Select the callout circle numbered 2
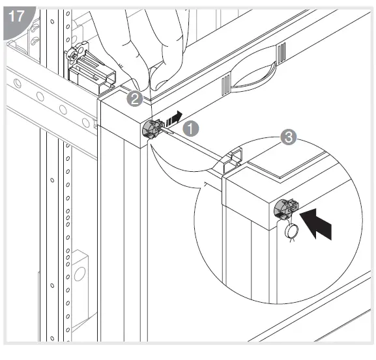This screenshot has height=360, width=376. point(134,99)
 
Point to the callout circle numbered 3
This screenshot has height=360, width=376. point(287,137)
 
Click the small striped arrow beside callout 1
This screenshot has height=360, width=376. point(172,120)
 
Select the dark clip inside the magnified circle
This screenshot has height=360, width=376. point(285,208)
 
